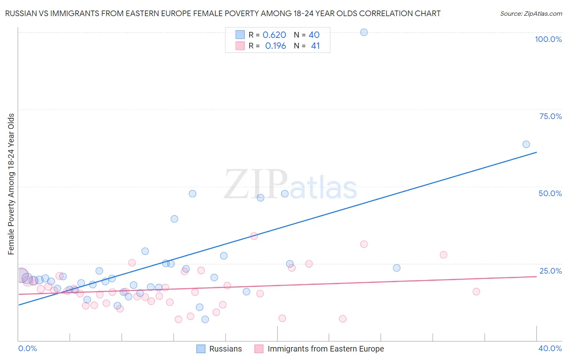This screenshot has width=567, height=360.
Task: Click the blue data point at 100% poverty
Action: click(x=364, y=32)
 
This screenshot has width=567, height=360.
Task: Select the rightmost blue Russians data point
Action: click(x=526, y=144)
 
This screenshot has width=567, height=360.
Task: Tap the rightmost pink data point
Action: click(x=476, y=291)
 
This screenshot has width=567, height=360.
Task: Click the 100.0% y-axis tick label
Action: click(x=548, y=39)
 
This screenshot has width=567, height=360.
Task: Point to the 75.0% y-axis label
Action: click(x=550, y=116)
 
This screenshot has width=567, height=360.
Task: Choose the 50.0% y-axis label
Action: click(x=550, y=193)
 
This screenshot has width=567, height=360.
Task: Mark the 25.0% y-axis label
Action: click(x=550, y=271)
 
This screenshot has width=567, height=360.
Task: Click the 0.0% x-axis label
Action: click(x=28, y=348)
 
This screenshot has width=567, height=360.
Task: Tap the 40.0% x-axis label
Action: click(x=550, y=348)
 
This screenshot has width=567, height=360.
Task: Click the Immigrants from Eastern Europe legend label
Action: click(x=325, y=349)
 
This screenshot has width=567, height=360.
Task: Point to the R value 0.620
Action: click(x=274, y=35)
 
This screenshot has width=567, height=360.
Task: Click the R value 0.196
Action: click(x=275, y=46)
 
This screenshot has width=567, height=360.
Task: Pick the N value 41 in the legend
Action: click(x=315, y=46)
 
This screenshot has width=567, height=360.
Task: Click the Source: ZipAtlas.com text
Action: click(x=531, y=14)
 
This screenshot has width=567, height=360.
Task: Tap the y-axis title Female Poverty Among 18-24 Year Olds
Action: click(x=11, y=184)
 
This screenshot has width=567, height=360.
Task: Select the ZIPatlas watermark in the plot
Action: click(x=290, y=185)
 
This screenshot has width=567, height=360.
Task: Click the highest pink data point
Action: click(x=254, y=236)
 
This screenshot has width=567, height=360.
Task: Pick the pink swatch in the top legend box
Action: click(x=240, y=46)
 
